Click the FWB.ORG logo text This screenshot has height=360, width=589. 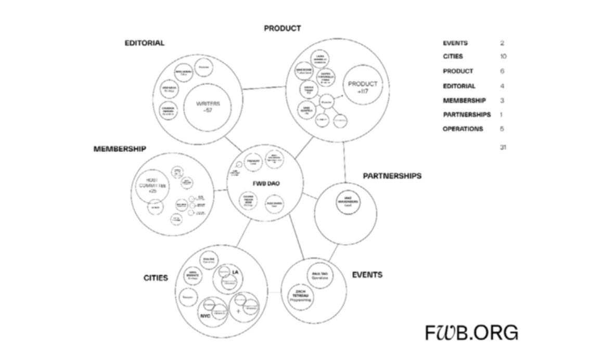click(x=471, y=332)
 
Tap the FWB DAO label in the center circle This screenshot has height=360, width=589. click(x=266, y=184)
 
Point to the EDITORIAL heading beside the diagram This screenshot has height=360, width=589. click(x=144, y=43)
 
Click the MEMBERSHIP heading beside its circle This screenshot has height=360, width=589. click(x=120, y=149)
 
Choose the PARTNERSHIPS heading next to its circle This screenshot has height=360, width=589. click(x=392, y=176)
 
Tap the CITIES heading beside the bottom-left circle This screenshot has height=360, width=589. click(x=156, y=278)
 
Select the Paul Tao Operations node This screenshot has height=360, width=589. click(x=319, y=275)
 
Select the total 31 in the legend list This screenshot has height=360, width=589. click(x=503, y=147)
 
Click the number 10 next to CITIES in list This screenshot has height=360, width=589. click(x=503, y=56)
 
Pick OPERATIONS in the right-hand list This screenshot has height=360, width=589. click(x=463, y=129)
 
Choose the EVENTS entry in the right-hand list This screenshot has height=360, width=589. click(x=455, y=43)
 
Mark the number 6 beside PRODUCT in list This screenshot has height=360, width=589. click(x=502, y=71)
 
